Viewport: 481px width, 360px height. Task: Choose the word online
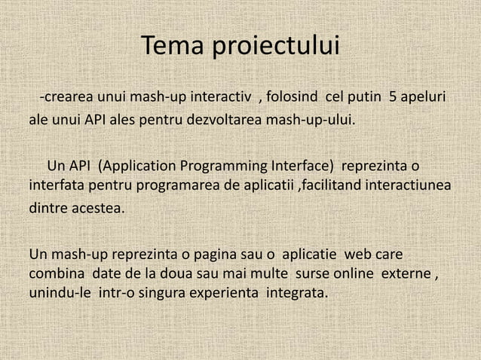[x=351, y=272]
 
